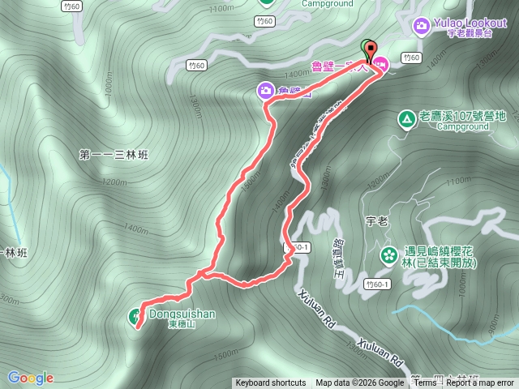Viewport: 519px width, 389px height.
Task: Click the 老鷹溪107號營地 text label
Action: (461, 117)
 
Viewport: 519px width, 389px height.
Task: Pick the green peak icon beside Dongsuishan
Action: (135, 315)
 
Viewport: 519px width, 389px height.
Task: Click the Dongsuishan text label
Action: (182, 311)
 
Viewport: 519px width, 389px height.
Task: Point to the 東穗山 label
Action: (181, 323)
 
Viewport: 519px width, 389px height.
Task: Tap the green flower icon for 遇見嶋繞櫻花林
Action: (389, 254)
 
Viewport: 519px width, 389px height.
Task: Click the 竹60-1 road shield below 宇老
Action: (377, 284)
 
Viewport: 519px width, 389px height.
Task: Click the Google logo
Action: (30, 378)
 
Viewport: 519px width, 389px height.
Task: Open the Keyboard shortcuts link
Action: (270, 383)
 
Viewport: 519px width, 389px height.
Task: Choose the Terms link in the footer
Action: (425, 383)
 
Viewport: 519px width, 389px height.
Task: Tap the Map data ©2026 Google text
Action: (360, 383)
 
